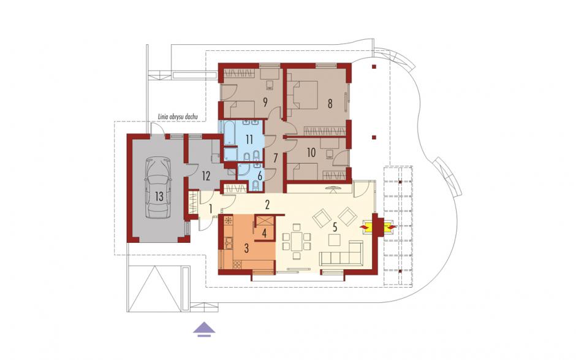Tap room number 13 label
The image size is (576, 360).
[x=159, y=196]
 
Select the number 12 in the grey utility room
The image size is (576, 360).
[x=206, y=176]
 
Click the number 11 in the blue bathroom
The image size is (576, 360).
[x=249, y=140]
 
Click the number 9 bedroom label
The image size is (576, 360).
[x=265, y=102]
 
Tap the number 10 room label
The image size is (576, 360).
[x=311, y=153]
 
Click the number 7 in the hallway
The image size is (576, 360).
[x=275, y=158]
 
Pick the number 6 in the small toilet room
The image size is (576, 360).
[x=260, y=176]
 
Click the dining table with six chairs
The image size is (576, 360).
[x=297, y=241]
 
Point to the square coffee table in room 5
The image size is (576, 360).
[x=335, y=240]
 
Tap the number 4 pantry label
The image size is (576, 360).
[x=264, y=233]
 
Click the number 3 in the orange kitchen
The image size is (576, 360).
[x=246, y=248]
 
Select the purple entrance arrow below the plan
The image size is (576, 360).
[x=204, y=329]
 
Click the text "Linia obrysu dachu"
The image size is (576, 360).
[x=178, y=117]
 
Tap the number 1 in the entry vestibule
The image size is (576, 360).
[x=211, y=209]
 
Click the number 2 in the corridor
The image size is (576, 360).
[x=267, y=205]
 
